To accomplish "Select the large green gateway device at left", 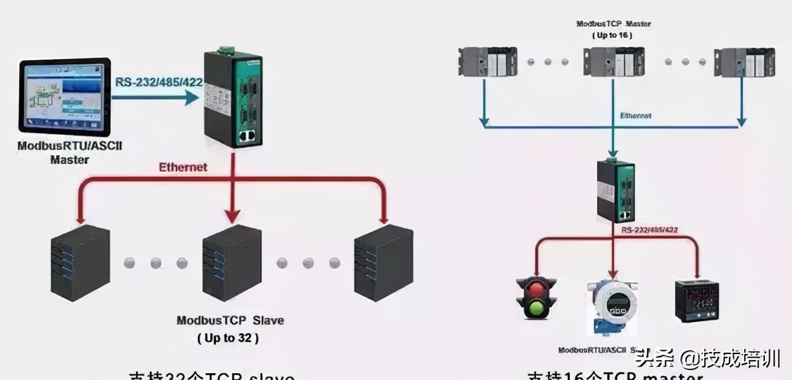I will (233, 100).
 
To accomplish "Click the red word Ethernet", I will (183, 167).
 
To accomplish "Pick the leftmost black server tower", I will (80, 263).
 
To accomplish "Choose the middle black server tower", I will (232, 263).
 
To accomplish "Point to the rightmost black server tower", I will (383, 263).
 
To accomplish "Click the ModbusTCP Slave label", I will (230, 321).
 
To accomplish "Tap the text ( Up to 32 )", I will (228, 338).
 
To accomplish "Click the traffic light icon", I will (536, 298).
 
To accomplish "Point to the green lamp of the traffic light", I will (536, 308).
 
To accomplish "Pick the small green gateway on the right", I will (615, 191).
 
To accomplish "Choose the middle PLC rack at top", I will (612, 63).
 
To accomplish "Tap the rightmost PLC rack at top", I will (744, 63).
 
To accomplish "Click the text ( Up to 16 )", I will (613, 35).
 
